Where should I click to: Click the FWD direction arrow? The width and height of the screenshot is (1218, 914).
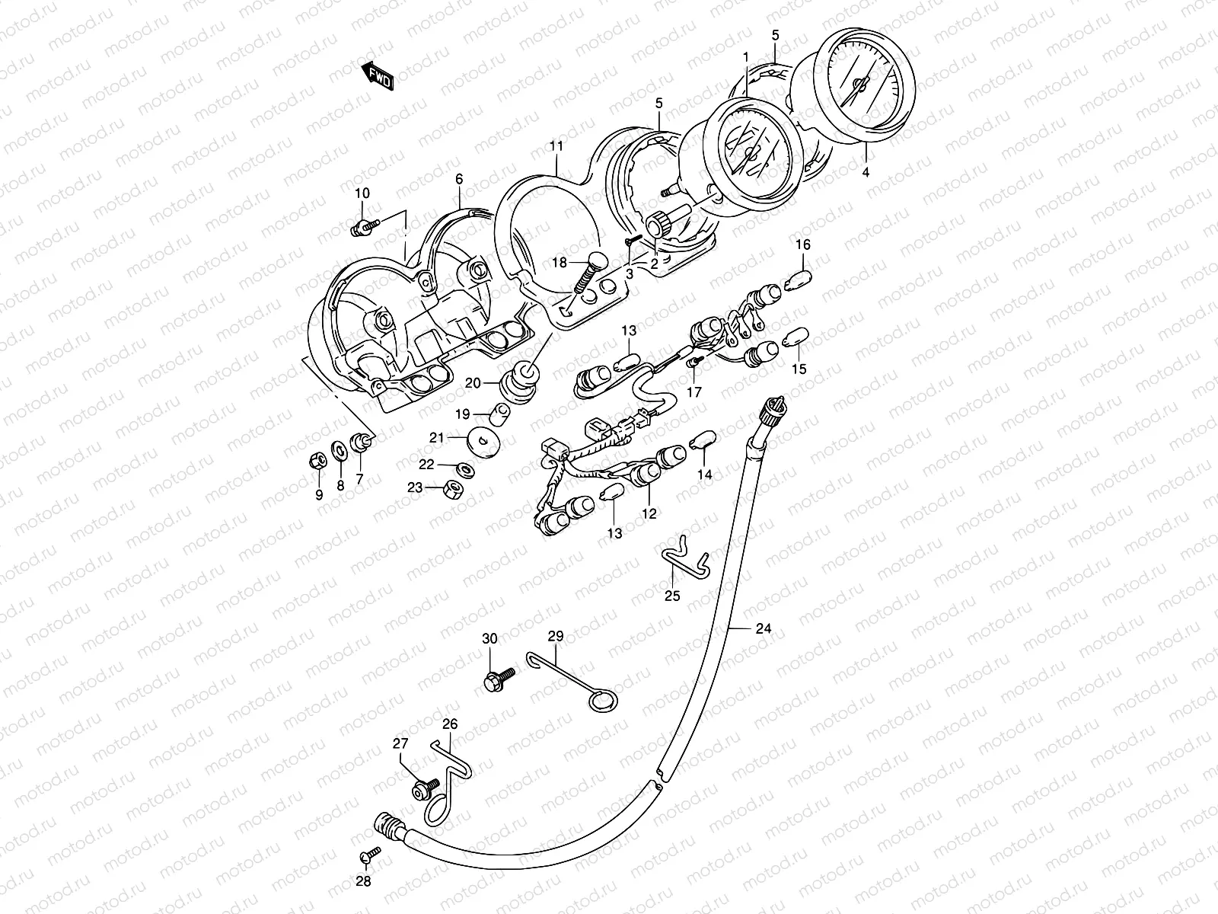point(378,75)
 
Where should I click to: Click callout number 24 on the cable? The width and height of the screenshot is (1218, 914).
point(763,628)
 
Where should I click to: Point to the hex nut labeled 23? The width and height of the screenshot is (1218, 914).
point(457,489)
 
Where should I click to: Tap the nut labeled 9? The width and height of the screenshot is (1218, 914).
point(319,459)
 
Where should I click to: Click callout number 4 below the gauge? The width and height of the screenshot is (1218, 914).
point(865,173)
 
